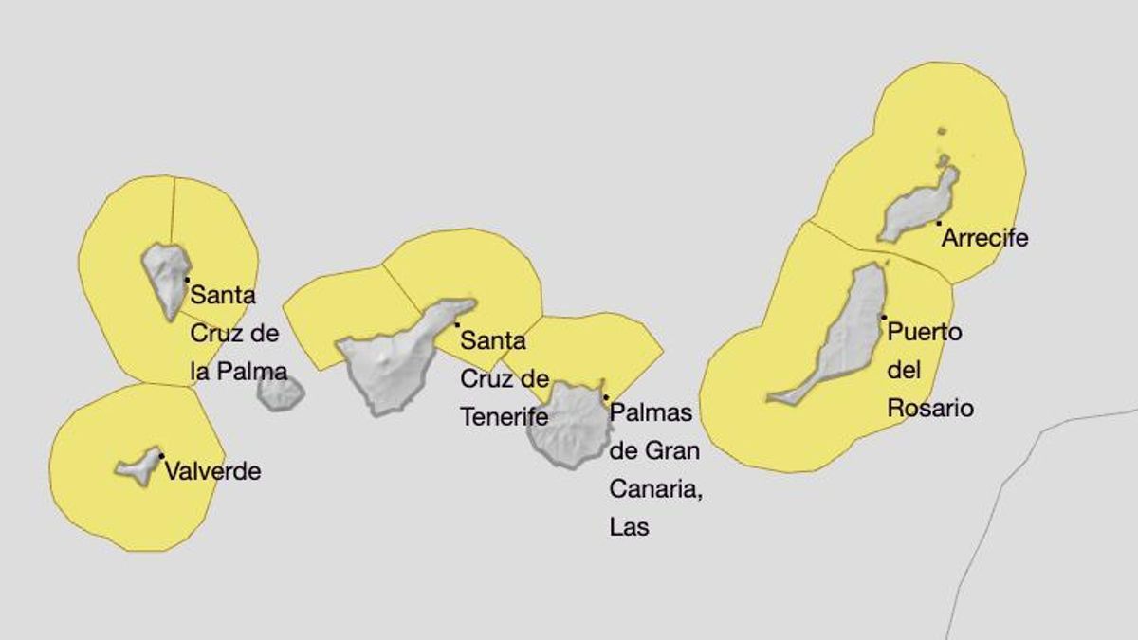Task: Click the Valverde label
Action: (x=212, y=471)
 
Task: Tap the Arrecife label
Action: (x=984, y=238)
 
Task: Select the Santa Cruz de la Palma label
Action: (x=236, y=332)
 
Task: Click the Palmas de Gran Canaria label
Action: (x=654, y=469)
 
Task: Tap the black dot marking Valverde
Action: (x=161, y=456)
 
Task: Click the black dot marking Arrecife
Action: (x=938, y=223)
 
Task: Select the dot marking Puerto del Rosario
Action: (x=883, y=317)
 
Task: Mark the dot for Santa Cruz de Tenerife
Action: (x=457, y=324)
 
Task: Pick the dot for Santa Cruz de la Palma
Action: (x=187, y=279)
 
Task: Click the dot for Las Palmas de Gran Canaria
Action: (x=605, y=396)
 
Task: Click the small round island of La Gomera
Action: (x=280, y=393)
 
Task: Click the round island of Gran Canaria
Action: (x=568, y=426)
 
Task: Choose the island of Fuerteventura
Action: (x=844, y=332)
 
